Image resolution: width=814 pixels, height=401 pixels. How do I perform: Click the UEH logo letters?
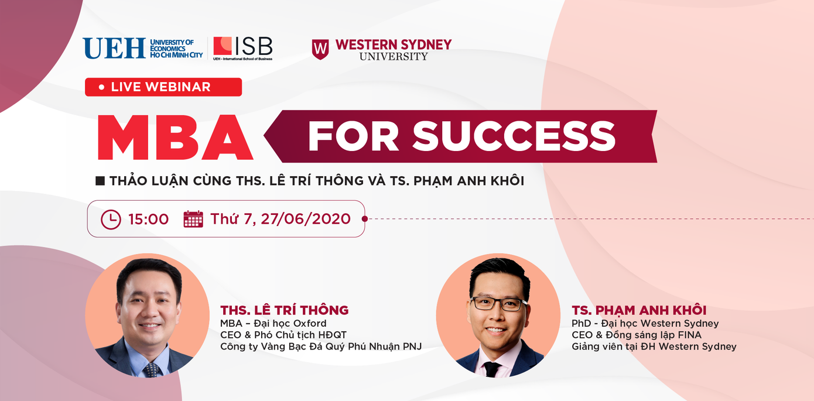[x=114, y=48]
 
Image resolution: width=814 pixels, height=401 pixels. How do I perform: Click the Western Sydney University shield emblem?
[x=320, y=49]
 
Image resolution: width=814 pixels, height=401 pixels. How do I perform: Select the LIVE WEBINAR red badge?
[x=163, y=87]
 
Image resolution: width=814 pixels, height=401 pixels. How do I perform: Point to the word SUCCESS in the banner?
[x=514, y=136]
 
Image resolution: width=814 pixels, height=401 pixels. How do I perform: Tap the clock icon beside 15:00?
[x=111, y=220]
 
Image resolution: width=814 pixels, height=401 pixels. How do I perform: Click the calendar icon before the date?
[x=193, y=219]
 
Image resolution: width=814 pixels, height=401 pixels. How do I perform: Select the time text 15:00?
[x=149, y=220]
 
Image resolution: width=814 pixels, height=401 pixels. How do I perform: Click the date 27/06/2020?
[x=306, y=219]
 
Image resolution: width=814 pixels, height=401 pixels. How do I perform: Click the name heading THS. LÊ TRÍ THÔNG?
[x=284, y=310]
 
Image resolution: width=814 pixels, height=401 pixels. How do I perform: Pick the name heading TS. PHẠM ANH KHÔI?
[x=639, y=310]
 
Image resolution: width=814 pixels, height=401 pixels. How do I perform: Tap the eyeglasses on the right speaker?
[x=498, y=304]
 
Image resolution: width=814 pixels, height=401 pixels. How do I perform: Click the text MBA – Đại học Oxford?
[x=273, y=323]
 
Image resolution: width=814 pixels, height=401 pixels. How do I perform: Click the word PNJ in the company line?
[x=412, y=347]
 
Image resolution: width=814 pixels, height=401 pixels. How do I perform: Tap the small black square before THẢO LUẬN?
[x=100, y=181]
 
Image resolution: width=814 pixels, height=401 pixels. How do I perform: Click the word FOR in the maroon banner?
[x=354, y=136]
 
